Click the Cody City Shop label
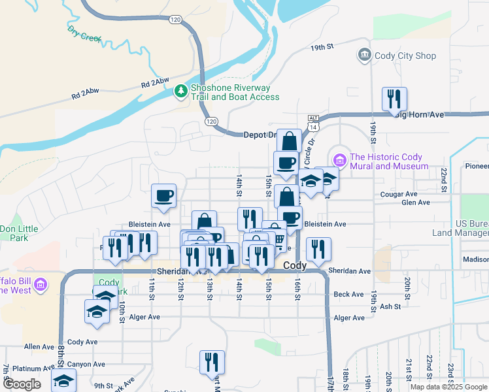tap(405, 56)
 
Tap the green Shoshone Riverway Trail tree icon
tap(181, 92)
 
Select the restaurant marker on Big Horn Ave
tap(394, 99)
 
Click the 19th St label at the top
tap(322, 47)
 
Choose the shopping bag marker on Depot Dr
tap(289, 141)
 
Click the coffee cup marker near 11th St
tap(163, 195)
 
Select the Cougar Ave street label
tap(399, 194)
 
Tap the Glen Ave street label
tap(416, 203)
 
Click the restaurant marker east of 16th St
tap(318, 249)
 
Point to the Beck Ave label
tap(348, 295)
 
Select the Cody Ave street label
tap(82, 342)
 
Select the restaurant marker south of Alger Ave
tap(212, 363)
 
